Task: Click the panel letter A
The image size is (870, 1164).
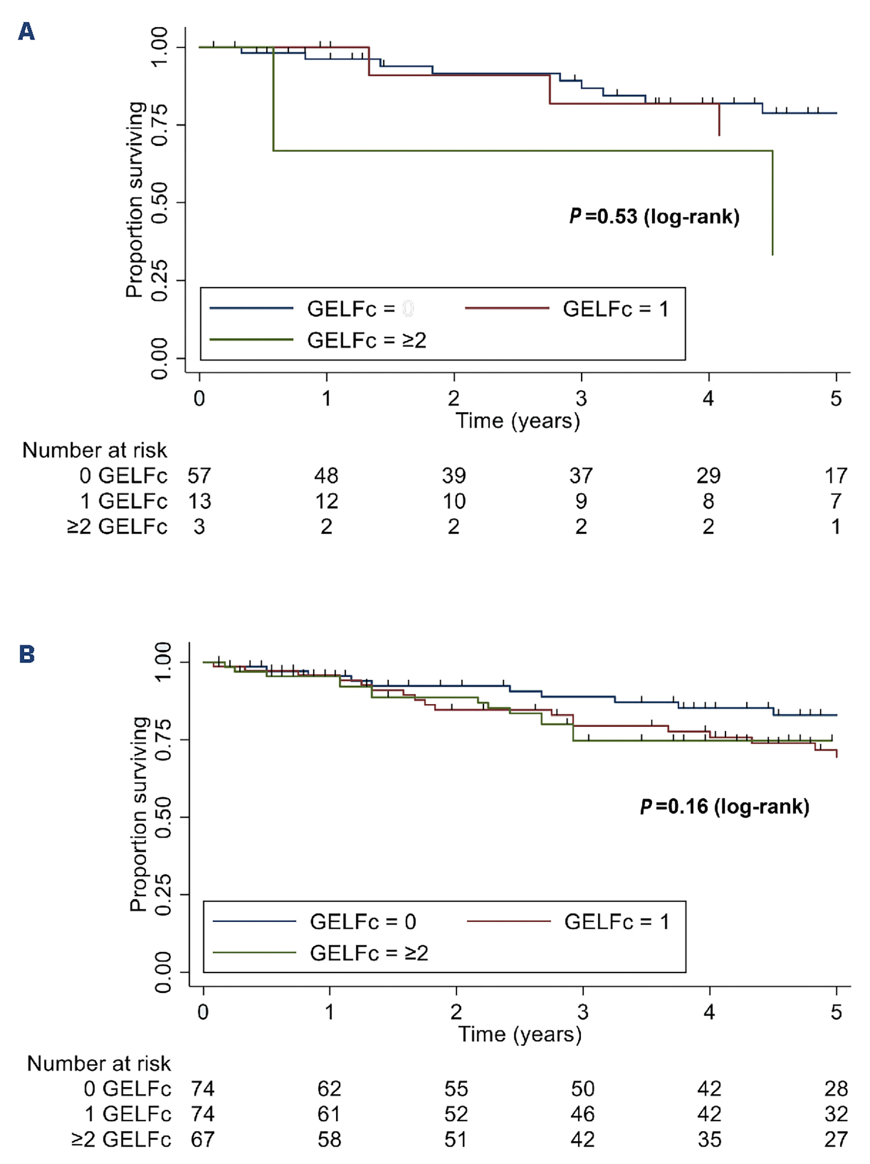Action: point(26,31)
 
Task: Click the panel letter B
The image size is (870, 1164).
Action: point(27,654)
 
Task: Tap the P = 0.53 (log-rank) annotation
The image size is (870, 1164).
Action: point(654,217)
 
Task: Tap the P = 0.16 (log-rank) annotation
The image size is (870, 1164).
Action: point(724,807)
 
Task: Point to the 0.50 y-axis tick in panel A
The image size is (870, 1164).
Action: point(159,203)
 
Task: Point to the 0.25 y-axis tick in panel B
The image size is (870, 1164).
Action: point(163,894)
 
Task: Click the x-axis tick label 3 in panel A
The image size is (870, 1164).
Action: point(581,398)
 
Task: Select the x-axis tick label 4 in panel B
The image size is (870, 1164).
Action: point(709,1012)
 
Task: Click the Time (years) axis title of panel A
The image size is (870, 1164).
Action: point(518,421)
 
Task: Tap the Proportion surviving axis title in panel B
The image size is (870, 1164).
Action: point(138,814)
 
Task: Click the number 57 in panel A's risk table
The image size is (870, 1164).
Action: point(199,476)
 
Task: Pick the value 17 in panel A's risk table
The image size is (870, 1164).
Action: point(836,476)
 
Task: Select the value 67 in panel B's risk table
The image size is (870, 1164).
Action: point(203,1139)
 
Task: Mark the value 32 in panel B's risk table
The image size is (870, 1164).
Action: point(836,1114)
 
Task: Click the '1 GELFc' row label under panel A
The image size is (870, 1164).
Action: point(123,501)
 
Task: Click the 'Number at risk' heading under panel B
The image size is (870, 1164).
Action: point(99,1063)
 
